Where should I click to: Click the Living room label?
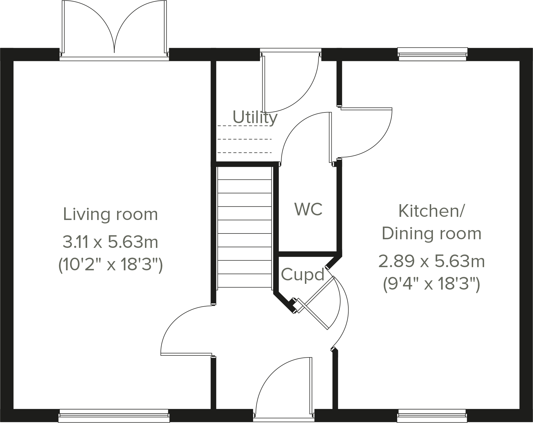110,215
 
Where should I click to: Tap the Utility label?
255,117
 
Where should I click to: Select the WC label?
308,209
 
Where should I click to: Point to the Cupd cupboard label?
303,275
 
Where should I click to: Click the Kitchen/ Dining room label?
431,222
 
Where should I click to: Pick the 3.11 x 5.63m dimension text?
110,242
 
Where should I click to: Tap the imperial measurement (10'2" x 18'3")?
110,265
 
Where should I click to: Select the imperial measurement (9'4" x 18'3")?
431,285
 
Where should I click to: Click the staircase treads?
244,227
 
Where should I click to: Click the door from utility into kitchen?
365,132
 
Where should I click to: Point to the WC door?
305,138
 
